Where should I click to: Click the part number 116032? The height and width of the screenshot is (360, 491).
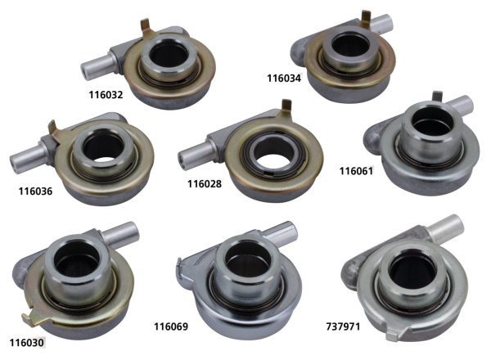coord(106,95)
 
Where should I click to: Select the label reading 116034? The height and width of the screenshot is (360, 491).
coord(284,78)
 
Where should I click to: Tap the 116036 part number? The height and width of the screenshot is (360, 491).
coord(35,191)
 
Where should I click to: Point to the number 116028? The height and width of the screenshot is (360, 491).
coord(205,183)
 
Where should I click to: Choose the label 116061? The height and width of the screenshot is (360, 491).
coord(356,171)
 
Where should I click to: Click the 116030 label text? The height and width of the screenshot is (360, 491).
coord(27,343)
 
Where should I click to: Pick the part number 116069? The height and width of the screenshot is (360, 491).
coord(171,326)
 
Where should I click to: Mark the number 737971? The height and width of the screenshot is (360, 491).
coord(343,326)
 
